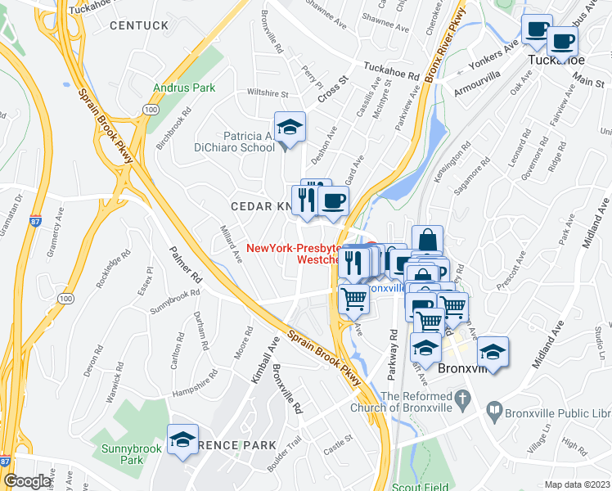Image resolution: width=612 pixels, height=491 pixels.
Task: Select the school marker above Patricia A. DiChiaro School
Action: coord(289,128)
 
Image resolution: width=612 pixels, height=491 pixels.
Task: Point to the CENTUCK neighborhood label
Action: coord(139,26)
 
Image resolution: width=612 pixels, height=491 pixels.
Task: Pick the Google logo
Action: coord(28,480)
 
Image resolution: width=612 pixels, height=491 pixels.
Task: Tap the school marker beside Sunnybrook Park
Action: coord(183,440)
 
